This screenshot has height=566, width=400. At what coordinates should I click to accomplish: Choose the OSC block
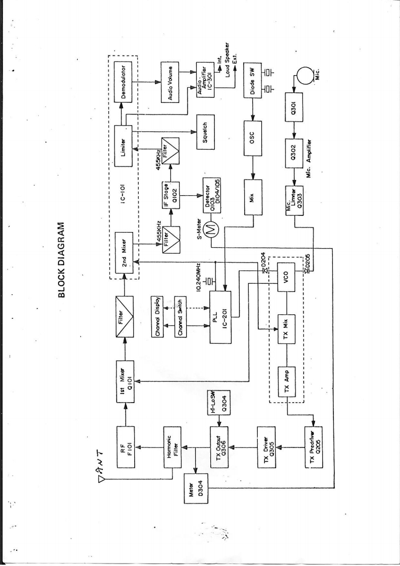252,135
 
